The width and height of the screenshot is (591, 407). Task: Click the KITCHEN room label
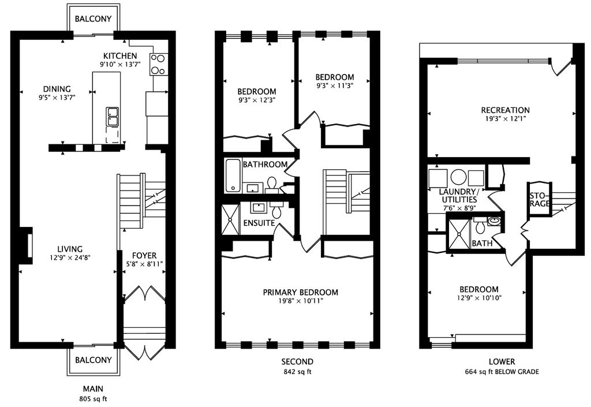click(x=120, y=56)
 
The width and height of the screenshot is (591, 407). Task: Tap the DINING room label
click(x=57, y=89)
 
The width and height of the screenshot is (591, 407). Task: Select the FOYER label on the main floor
click(x=144, y=256)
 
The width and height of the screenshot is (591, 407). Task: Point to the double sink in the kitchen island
click(x=113, y=117)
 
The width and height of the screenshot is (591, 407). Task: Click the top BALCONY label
click(x=93, y=19)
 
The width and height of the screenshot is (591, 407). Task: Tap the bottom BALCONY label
click(x=93, y=360)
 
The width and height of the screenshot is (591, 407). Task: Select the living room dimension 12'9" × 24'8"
click(x=70, y=257)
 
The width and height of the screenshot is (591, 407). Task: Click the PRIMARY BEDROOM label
click(x=300, y=292)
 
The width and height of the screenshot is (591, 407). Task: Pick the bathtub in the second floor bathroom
click(x=233, y=176)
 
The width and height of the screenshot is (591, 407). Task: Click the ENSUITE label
click(x=259, y=223)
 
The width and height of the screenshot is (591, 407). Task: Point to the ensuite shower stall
click(x=230, y=219)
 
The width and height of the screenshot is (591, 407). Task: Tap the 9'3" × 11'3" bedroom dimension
click(x=335, y=85)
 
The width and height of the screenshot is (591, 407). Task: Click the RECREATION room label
click(x=506, y=110)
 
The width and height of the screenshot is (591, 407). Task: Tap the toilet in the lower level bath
click(x=480, y=226)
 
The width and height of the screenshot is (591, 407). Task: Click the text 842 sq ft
click(x=297, y=372)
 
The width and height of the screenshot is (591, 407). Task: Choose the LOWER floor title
click(x=502, y=362)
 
